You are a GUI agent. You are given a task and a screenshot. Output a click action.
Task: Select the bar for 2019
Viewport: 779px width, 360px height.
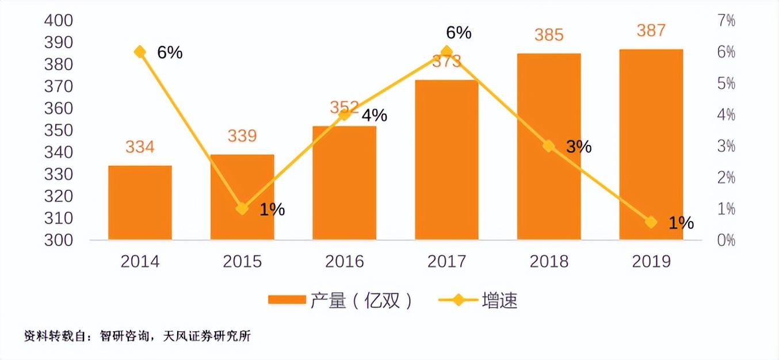click(x=651, y=144)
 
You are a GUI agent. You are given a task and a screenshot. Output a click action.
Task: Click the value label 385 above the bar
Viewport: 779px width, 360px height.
click(x=549, y=35)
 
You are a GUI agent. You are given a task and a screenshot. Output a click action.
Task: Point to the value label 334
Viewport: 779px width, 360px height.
click(x=140, y=147)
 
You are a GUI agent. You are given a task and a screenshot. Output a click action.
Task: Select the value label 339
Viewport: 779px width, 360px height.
click(x=242, y=136)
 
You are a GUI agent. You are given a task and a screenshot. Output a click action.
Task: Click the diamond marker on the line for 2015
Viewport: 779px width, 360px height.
click(x=242, y=208)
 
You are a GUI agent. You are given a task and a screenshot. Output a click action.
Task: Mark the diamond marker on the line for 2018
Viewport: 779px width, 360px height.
click(x=549, y=146)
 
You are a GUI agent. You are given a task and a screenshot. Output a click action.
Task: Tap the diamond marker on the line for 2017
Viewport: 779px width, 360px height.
click(x=446, y=52)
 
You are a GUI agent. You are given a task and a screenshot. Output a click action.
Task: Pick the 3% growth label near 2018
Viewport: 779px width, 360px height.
click(x=578, y=147)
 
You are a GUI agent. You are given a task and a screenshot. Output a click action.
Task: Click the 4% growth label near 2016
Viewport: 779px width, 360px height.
click(x=374, y=116)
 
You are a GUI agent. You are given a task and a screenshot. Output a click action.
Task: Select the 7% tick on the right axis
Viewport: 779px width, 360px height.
click(x=725, y=21)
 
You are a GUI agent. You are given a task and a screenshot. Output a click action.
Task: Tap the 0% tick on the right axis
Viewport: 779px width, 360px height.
click(x=725, y=240)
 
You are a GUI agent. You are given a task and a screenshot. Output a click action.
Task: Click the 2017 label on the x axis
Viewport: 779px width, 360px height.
click(x=446, y=262)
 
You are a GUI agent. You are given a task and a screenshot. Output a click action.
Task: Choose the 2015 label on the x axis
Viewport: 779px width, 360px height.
click(x=242, y=262)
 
